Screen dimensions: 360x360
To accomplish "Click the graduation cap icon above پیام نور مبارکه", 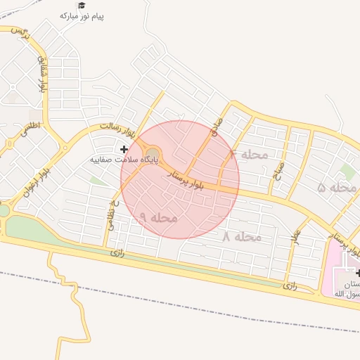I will tap(81, 5).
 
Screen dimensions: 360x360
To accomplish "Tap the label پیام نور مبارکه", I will tap(81, 15).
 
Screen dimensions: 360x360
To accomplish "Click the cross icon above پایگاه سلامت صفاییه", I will tap(124, 149).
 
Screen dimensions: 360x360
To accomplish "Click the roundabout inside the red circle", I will tap(153, 153).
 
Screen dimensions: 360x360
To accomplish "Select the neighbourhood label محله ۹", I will tap(157, 218).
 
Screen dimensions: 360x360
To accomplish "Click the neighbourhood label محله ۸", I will tap(242, 237).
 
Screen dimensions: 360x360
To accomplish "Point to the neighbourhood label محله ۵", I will tap(338, 188).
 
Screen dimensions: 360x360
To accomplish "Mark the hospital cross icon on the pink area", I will tap(359, 273).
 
